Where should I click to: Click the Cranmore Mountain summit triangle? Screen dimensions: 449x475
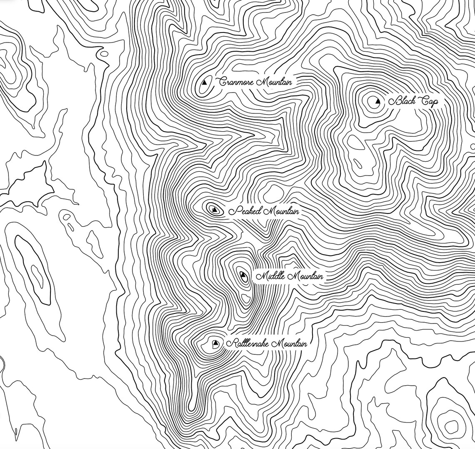(x=204, y=83)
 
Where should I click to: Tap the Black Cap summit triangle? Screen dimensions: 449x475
(x=378, y=101)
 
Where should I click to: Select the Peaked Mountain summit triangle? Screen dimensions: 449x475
(x=214, y=209)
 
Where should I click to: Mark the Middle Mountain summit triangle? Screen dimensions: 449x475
(x=242, y=274)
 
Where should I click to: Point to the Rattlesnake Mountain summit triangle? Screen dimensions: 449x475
(x=215, y=344)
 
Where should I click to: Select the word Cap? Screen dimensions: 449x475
(x=427, y=101)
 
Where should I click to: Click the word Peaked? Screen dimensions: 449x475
(x=245, y=211)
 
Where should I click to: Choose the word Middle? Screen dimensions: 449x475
(x=268, y=276)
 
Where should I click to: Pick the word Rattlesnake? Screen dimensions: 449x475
(x=248, y=344)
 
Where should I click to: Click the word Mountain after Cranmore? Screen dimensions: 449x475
(x=274, y=82)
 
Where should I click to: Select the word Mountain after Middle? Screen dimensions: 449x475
(x=305, y=276)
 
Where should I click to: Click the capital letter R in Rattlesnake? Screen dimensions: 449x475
(x=230, y=344)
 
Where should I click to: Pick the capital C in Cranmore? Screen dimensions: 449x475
(x=222, y=82)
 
